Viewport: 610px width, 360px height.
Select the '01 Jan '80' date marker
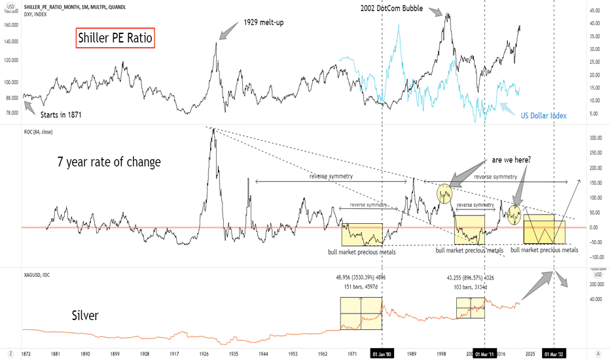tap(382, 353)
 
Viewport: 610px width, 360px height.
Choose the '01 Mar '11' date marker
tap(484, 353)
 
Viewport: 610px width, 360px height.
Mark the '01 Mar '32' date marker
tap(554, 353)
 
